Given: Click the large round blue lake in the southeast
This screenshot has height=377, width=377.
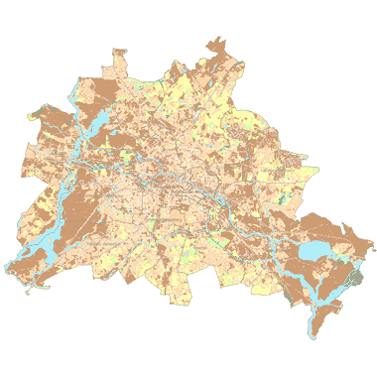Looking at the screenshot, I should pos(318,250).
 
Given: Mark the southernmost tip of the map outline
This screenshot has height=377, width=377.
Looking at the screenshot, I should pos(313,337).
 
